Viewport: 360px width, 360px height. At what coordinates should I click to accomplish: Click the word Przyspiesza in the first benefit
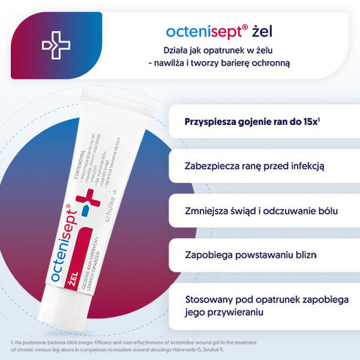[209, 123]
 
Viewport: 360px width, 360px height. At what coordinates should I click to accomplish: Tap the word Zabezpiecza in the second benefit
[213, 165]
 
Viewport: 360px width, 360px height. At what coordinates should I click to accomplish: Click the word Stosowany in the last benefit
[210, 299]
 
